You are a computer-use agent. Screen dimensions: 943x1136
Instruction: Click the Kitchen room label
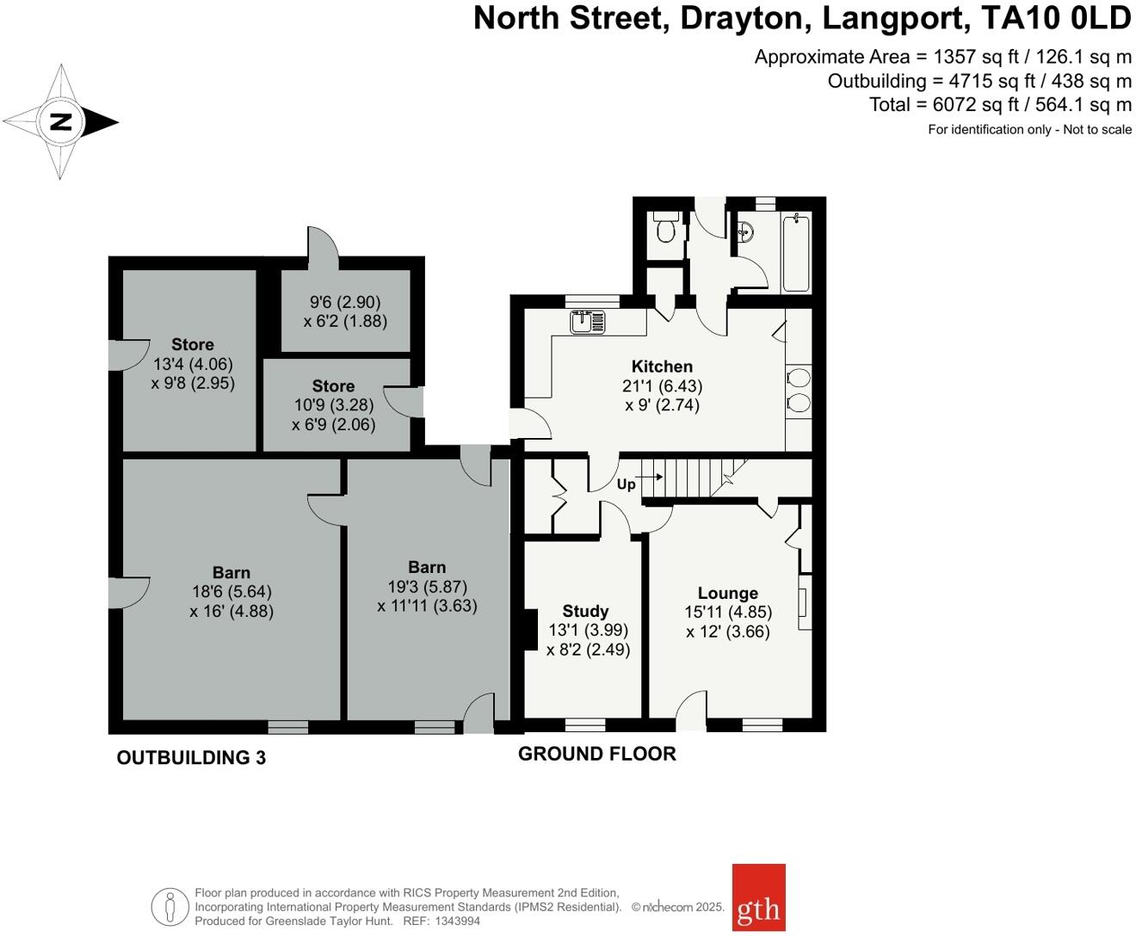point(661,367)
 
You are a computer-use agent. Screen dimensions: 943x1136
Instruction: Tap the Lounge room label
point(727,593)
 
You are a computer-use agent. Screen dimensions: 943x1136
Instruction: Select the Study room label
point(585,611)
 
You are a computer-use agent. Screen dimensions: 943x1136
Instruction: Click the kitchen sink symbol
point(588,322)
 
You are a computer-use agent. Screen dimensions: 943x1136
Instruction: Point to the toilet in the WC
point(665,230)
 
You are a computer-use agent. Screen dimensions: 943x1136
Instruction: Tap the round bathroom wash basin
point(746,231)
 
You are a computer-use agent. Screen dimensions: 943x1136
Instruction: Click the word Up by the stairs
point(626,484)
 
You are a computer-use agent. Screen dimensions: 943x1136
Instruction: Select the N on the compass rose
point(60,121)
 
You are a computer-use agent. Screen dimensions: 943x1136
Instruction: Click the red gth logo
point(758,897)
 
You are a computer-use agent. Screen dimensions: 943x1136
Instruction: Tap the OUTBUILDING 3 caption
point(191,758)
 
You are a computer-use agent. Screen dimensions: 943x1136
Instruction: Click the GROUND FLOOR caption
point(596,754)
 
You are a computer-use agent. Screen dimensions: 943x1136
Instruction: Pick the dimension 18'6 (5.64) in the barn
point(232,592)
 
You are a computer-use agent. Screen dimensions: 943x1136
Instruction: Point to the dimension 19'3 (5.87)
point(427,587)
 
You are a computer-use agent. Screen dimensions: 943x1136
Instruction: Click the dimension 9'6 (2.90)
point(345,302)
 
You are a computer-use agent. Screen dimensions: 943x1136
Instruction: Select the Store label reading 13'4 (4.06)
point(192,344)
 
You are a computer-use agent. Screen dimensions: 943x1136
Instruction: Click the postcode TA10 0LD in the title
point(1056,18)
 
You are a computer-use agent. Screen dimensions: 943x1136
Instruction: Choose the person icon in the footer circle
point(170,907)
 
